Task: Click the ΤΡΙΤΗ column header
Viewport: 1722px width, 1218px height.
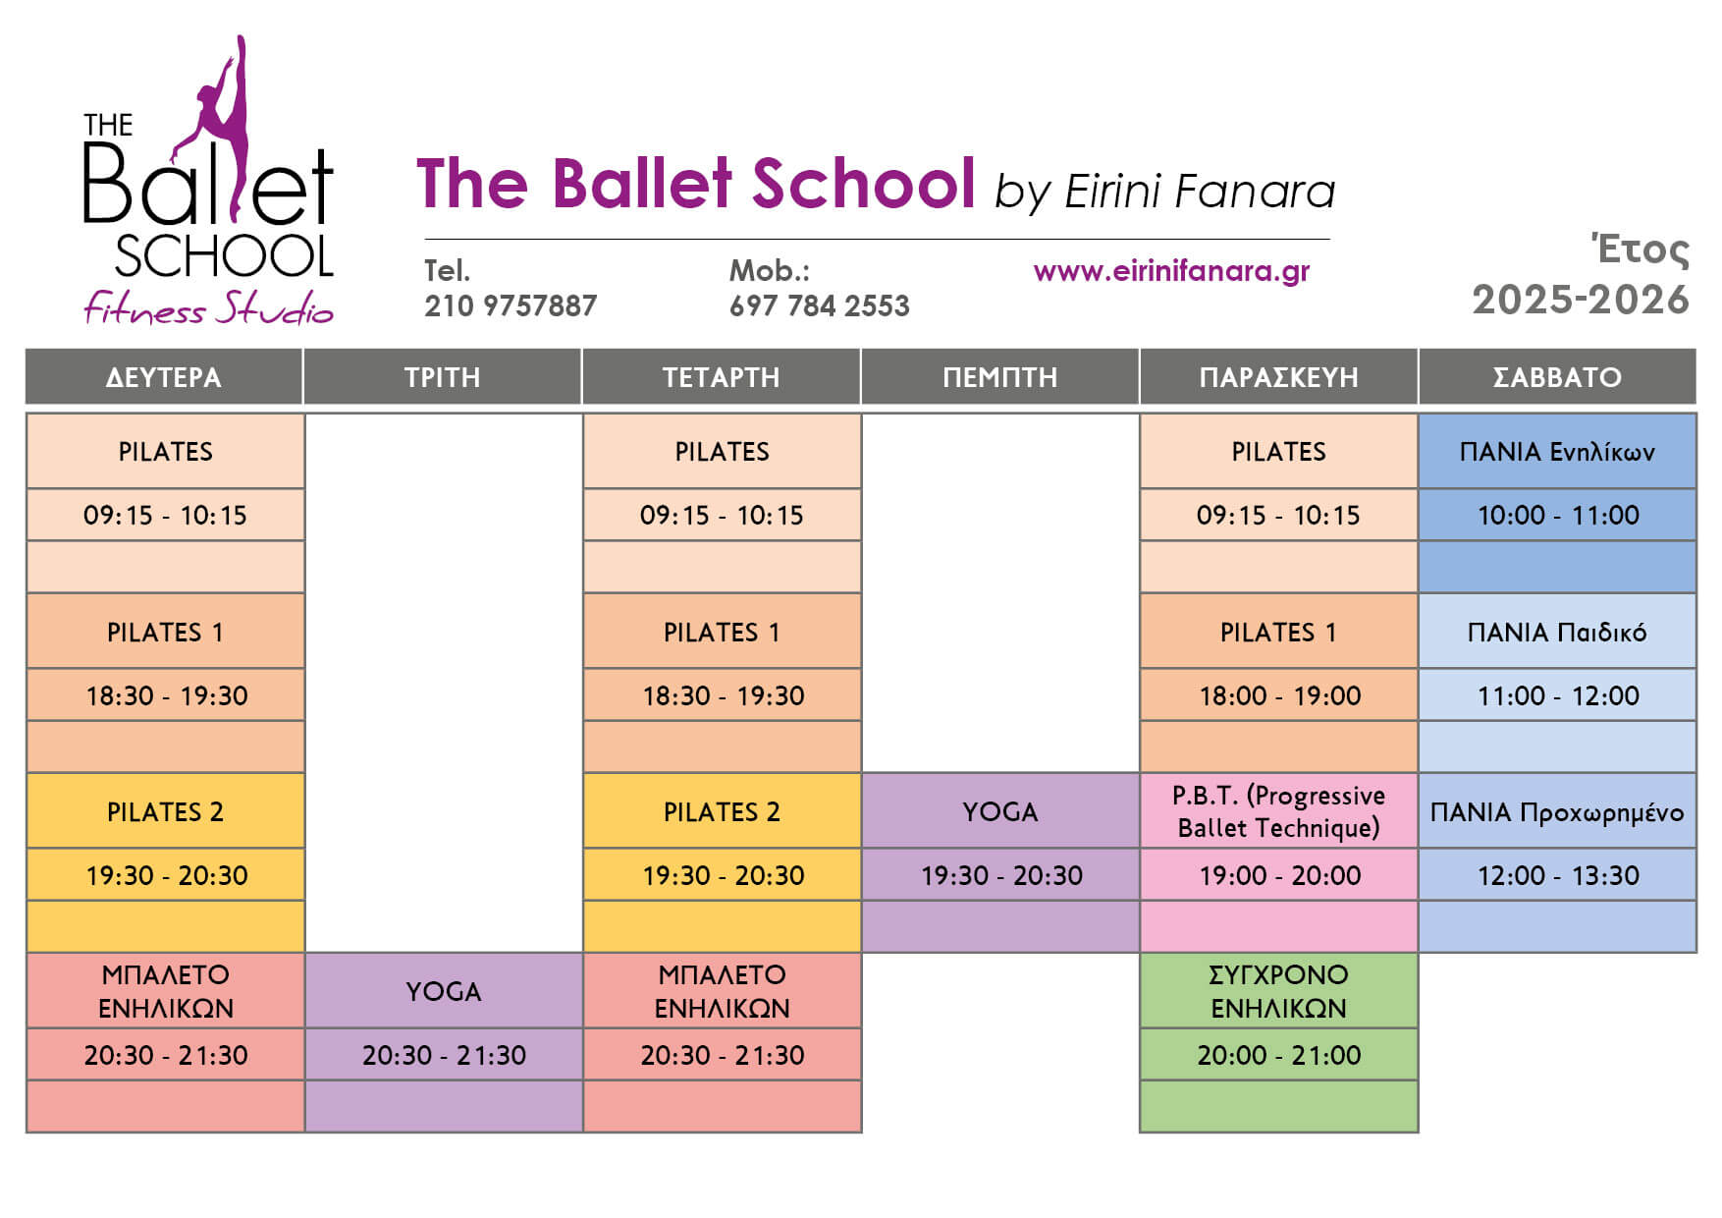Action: click(442, 376)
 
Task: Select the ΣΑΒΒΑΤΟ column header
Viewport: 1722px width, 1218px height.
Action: click(1557, 376)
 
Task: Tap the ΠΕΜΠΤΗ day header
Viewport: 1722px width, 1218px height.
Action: click(999, 376)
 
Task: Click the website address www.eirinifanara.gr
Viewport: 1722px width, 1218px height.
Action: click(1171, 271)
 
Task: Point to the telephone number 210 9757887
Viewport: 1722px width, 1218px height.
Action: click(511, 305)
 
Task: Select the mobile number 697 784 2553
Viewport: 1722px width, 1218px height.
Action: click(819, 305)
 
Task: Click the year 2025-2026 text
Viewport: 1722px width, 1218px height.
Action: click(1580, 300)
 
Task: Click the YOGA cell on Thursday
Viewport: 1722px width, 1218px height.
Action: click(999, 811)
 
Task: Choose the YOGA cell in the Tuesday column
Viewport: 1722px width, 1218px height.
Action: click(443, 991)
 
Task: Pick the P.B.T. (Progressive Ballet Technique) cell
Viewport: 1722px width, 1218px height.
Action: click(1278, 811)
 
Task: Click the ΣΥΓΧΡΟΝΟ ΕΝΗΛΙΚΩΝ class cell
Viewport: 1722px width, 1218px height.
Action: click(1278, 991)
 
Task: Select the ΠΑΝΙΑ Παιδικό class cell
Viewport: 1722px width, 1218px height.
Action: click(1557, 632)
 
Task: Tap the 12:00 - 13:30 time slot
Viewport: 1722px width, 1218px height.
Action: click(1558, 875)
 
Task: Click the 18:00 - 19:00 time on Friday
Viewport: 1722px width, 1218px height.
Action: click(1279, 695)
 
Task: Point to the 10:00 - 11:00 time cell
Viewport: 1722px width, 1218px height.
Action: click(1558, 515)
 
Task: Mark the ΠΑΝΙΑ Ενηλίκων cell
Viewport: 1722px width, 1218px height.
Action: click(1557, 452)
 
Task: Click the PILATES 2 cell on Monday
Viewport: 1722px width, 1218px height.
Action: click(165, 811)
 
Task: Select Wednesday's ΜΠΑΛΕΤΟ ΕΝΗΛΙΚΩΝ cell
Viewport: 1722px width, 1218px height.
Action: click(722, 991)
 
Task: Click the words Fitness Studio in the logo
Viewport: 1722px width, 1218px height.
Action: click(208, 308)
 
